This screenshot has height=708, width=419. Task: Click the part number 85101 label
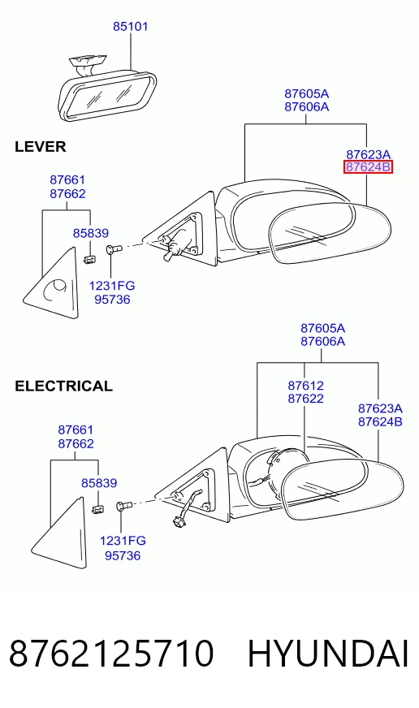pos(130,27)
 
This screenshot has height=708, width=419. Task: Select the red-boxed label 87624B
pos(368,167)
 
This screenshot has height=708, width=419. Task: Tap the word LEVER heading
pos(40,147)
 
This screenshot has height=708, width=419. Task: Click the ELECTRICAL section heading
pos(63,386)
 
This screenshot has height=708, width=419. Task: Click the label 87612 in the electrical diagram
pos(305,386)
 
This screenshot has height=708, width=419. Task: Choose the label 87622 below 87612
pos(305,399)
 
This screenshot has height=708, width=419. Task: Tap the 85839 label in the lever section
pos(91,233)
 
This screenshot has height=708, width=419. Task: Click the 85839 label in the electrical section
pos(99,483)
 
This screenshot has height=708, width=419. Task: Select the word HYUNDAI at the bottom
pos(328,654)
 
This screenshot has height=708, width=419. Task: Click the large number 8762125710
pos(111,654)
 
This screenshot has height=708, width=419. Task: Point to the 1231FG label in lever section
pos(112,286)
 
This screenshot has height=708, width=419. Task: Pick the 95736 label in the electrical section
pos(123,555)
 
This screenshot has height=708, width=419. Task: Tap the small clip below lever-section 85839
pos(90,259)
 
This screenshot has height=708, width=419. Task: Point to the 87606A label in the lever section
pos(307,107)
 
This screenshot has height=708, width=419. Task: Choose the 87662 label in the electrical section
pos(76,444)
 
